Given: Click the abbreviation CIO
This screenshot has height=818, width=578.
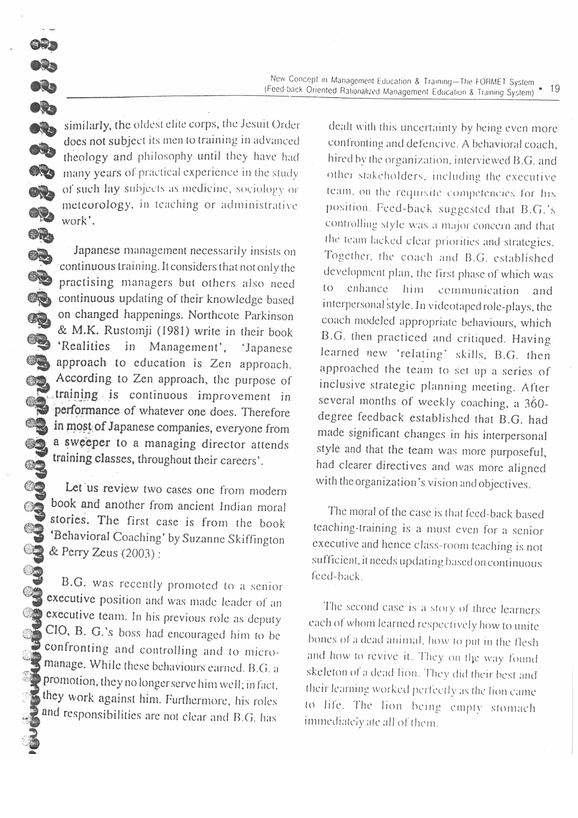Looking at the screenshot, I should [57, 630].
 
